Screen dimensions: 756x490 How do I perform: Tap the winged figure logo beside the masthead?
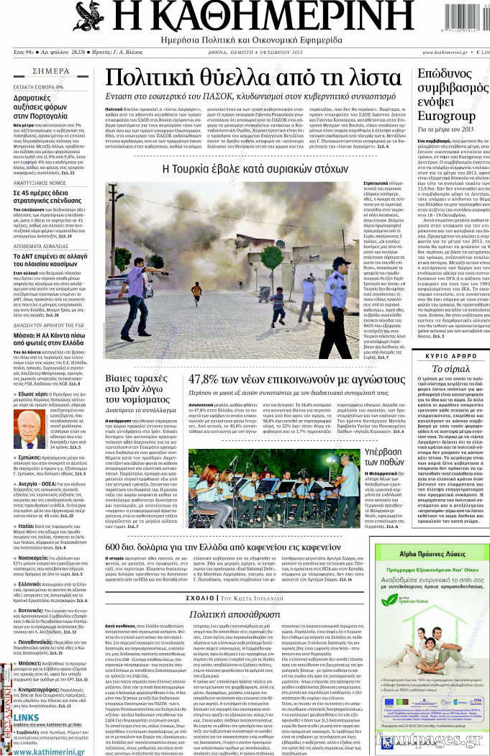click(x=88, y=16)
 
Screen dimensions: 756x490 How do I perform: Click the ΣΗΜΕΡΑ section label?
click(x=51, y=71)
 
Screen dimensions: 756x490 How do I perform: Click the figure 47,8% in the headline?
click(x=208, y=379)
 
